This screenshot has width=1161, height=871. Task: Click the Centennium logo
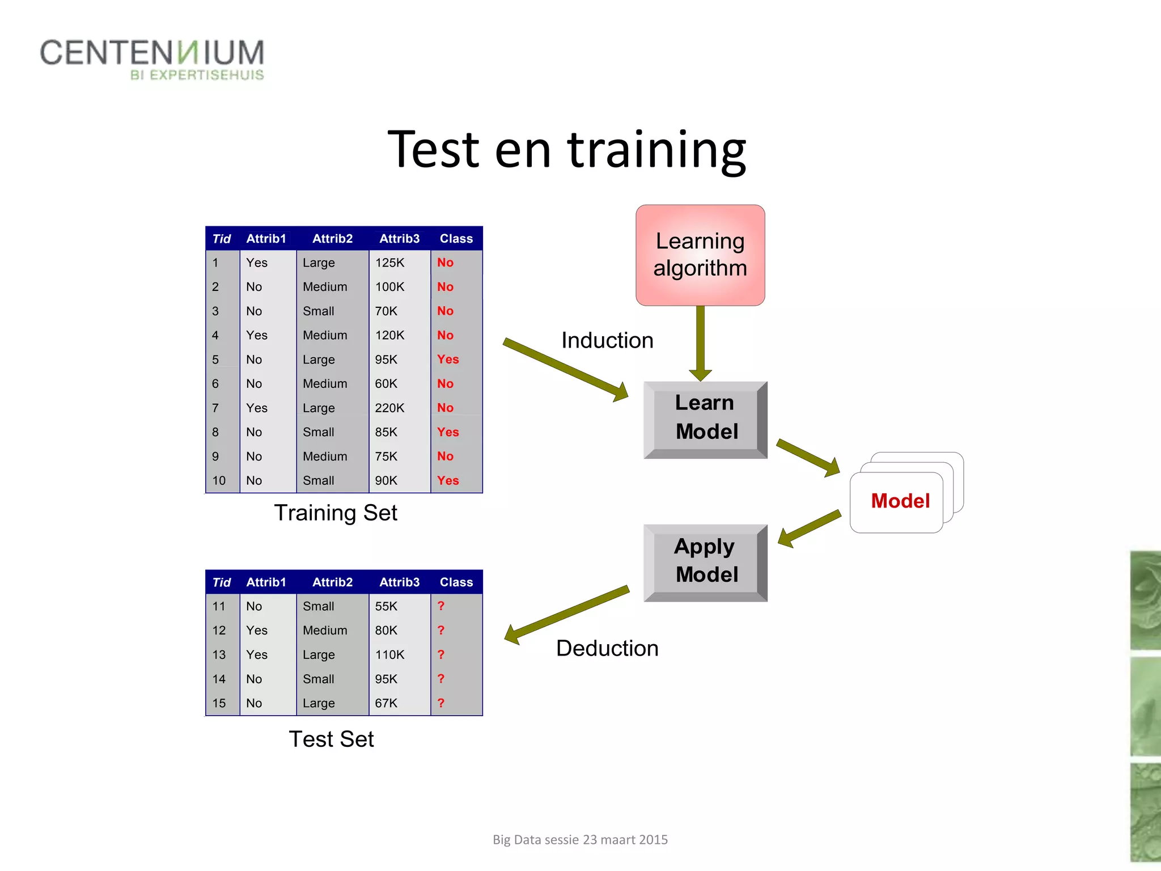click(152, 59)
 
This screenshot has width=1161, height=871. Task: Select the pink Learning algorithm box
click(700, 255)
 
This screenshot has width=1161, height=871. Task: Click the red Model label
click(900, 501)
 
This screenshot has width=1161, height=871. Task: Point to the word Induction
click(607, 341)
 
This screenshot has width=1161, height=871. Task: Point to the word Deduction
click(607, 649)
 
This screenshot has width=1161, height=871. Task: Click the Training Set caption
click(336, 513)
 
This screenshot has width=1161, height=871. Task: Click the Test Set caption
click(331, 739)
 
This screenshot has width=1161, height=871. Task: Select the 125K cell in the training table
click(390, 263)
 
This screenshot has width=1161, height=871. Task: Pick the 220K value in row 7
click(390, 408)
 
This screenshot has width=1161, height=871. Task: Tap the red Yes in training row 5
click(448, 360)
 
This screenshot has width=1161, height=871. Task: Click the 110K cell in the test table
click(390, 655)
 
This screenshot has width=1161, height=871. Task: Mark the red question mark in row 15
click(441, 703)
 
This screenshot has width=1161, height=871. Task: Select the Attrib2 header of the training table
click(333, 239)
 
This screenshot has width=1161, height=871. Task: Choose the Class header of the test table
click(456, 582)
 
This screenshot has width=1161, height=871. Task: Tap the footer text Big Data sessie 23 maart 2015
click(580, 840)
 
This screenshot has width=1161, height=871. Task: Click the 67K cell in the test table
click(386, 703)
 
